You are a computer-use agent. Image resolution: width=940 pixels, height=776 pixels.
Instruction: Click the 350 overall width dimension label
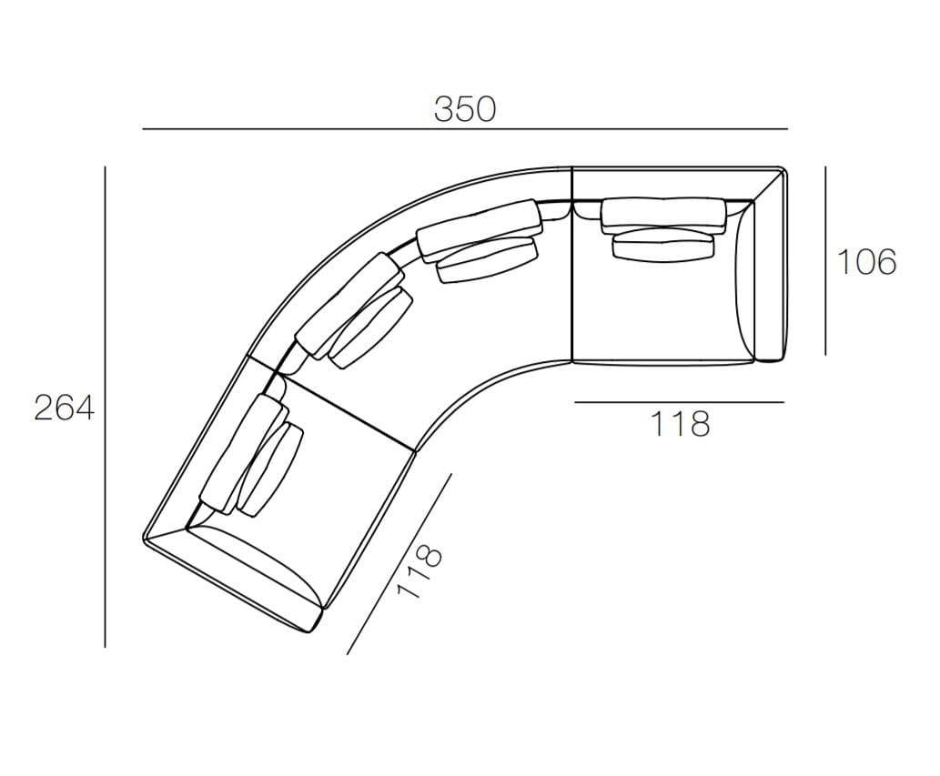click(465, 109)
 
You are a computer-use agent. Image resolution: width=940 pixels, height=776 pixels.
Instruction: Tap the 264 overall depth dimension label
click(64, 408)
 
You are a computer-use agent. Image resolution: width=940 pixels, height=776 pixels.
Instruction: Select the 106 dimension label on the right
click(866, 262)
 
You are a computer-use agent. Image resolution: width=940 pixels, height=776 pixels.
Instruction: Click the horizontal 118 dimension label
click(680, 424)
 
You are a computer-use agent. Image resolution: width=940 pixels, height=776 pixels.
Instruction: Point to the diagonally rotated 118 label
click(419, 571)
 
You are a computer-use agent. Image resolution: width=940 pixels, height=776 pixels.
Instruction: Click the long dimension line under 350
click(465, 129)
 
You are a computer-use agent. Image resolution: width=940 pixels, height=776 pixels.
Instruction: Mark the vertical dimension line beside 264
click(105, 407)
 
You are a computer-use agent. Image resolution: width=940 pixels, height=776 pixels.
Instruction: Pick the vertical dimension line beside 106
click(825, 261)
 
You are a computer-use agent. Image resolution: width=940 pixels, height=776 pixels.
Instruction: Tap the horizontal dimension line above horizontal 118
click(679, 402)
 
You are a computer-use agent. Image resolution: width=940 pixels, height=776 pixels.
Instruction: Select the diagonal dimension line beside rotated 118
click(399, 563)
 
